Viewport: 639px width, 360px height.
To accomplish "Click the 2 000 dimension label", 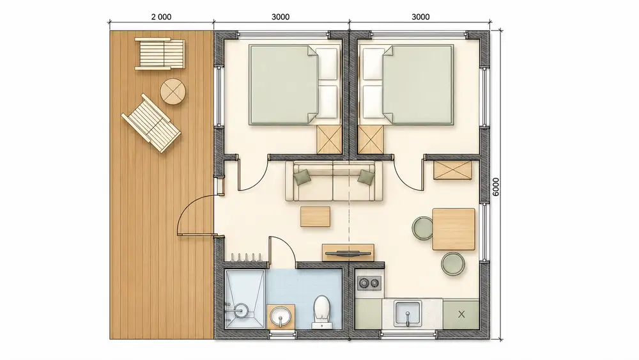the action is [x=162, y=17].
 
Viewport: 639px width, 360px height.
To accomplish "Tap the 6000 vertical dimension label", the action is [x=496, y=187].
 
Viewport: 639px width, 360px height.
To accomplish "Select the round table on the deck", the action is [x=173, y=91].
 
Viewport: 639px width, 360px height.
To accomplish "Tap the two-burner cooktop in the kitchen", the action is [x=369, y=283].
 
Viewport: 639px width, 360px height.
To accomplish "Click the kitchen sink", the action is [x=408, y=313].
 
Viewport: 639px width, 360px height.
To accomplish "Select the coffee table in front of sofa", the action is [x=316, y=217].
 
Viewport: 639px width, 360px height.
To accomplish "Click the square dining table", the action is [x=454, y=229].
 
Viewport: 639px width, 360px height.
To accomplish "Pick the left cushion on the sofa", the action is [x=302, y=177].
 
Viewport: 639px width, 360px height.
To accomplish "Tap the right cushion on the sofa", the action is [x=366, y=177].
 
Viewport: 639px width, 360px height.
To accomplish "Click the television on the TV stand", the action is [x=348, y=254].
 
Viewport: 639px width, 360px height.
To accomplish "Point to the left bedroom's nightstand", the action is [x=329, y=139].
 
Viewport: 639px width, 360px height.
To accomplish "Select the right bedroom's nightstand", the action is [x=371, y=139].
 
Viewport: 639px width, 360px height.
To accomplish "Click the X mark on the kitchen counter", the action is [x=461, y=315].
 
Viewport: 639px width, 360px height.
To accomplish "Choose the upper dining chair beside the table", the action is [x=422, y=228].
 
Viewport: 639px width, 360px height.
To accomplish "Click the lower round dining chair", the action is [x=453, y=263].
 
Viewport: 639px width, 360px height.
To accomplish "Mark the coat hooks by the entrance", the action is [x=246, y=257].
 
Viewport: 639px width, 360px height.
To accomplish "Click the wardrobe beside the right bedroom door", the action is [x=453, y=170].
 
